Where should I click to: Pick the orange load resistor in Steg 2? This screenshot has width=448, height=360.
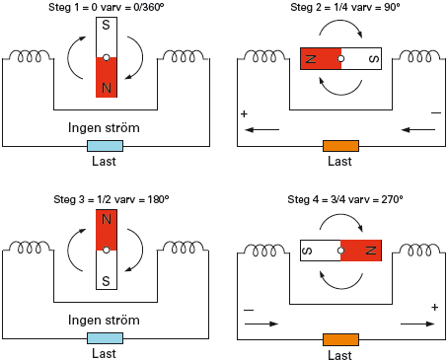(340, 146)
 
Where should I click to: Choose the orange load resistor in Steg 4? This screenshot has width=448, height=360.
(340, 337)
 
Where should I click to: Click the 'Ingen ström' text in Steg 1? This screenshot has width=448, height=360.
(104, 128)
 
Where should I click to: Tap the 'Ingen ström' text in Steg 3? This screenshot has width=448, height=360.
(104, 321)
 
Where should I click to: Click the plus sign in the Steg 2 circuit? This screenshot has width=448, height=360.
(244, 114)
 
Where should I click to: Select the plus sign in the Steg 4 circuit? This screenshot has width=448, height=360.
(434, 308)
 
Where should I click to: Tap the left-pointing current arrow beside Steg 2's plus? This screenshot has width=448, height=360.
(261, 129)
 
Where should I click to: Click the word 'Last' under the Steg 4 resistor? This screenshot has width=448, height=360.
(340, 354)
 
